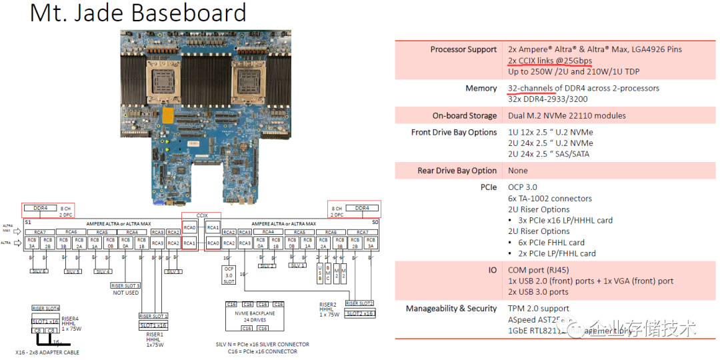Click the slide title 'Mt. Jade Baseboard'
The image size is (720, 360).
[x=138, y=13]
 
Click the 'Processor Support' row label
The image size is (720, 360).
[x=463, y=49]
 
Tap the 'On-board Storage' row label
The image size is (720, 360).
[x=465, y=115]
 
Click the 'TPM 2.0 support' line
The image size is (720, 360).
[x=539, y=309]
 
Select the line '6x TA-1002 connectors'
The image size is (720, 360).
[x=550, y=199]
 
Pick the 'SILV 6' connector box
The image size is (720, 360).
[x=39, y=271]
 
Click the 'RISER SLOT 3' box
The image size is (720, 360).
[x=125, y=285]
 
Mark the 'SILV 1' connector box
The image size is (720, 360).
[x=298, y=265]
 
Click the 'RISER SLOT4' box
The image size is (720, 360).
[x=45, y=309]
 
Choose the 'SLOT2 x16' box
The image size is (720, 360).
[x=360, y=313]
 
